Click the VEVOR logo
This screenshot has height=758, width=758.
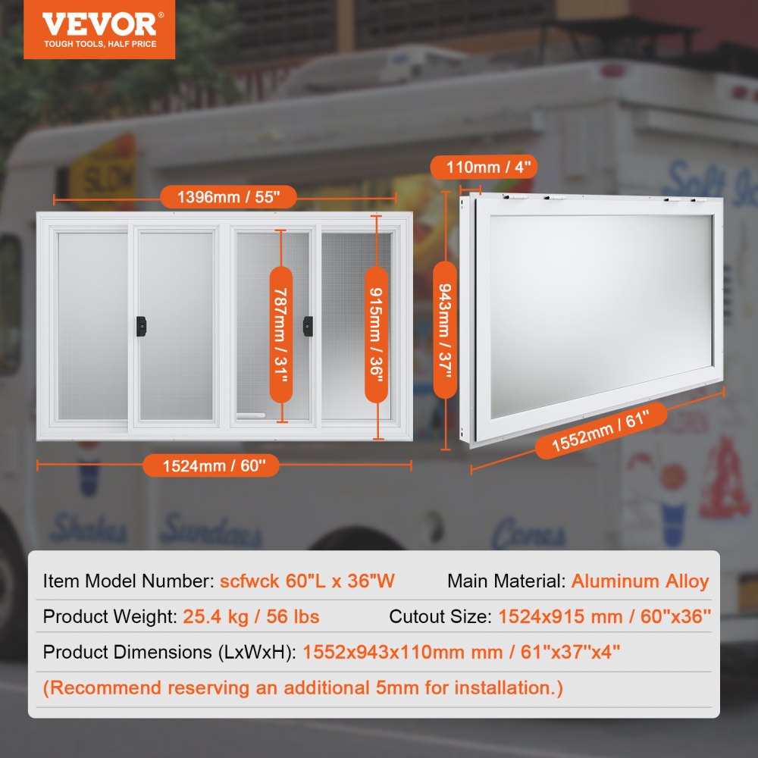coord(99,23)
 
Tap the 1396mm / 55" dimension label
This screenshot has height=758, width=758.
coord(228,198)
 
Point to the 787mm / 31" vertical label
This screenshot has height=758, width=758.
coord(281,334)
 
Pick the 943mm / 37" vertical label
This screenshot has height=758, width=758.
coord(445,329)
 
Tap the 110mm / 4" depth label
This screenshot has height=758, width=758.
coord(484,166)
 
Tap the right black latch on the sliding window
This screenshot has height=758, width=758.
coord(307,324)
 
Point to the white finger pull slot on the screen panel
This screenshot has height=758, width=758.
coord(251,415)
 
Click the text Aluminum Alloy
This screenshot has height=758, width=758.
coord(640,581)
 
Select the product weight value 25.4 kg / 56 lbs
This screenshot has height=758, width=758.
coord(251,616)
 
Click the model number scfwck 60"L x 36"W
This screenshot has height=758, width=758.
coord(307,581)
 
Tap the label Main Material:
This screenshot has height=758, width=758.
coord(506,581)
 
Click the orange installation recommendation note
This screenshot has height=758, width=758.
coord(303,688)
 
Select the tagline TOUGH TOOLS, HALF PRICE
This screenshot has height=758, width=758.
coord(99,44)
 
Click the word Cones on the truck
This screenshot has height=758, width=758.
coord(528,536)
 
